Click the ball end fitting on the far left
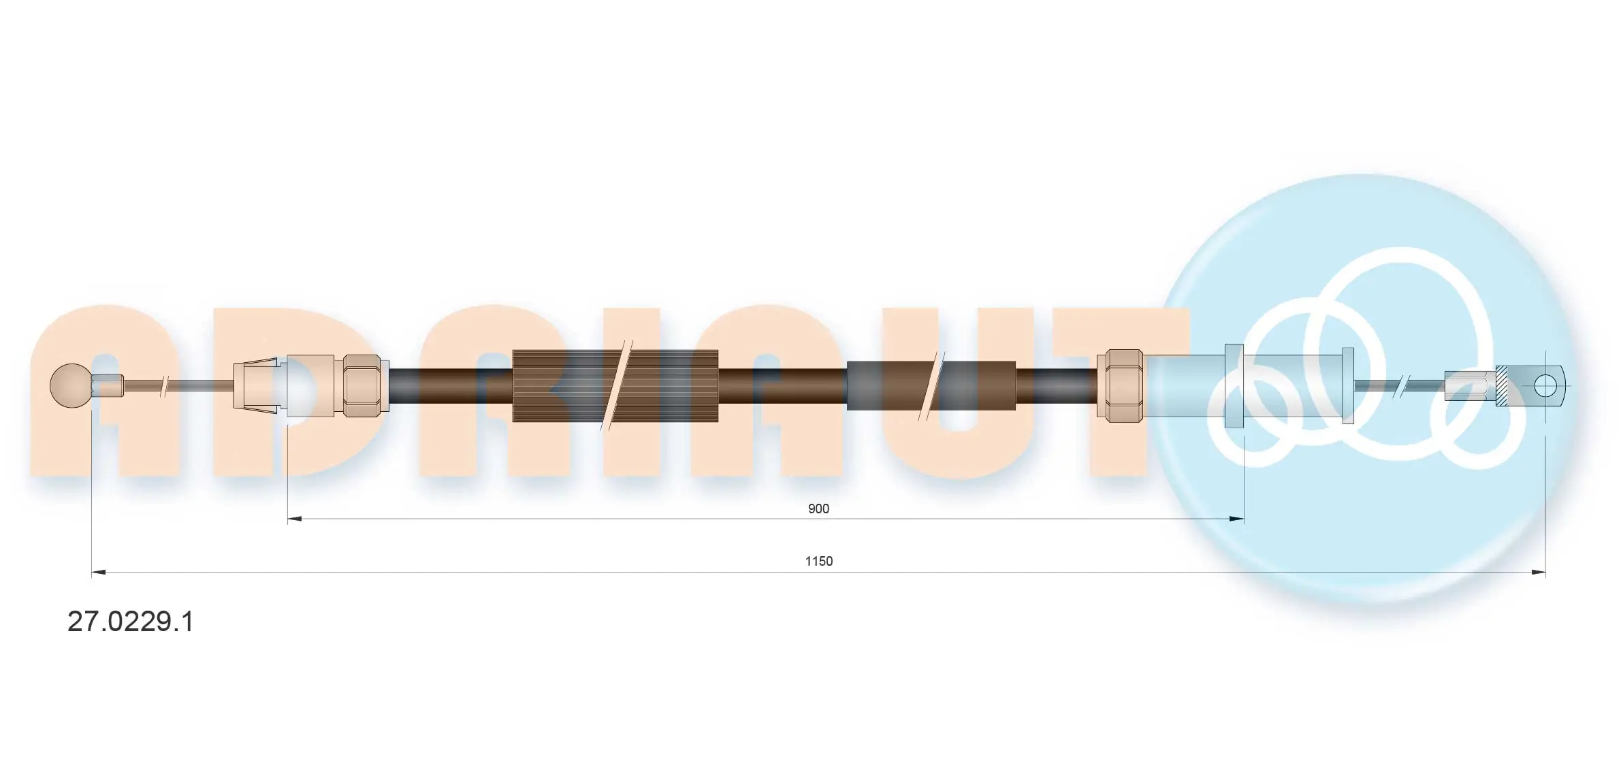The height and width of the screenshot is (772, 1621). pos(71,386)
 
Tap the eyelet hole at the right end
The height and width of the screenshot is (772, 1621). pos(1545,386)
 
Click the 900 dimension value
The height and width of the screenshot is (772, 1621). pos(818,509)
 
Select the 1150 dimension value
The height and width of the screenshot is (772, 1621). pos(818,561)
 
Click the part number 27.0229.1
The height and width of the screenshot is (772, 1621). pos(130,622)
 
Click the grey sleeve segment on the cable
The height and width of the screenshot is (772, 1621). pos(885,386)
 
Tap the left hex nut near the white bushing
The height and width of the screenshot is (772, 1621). pos(362,385)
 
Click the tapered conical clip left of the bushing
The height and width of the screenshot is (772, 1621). pos(257,385)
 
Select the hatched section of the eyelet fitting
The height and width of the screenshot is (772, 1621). pos(1502,386)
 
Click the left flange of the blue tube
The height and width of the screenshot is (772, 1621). pos(1234,386)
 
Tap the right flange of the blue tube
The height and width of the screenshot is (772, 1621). pos(1347,386)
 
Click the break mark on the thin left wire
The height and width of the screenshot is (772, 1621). pos(163,386)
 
